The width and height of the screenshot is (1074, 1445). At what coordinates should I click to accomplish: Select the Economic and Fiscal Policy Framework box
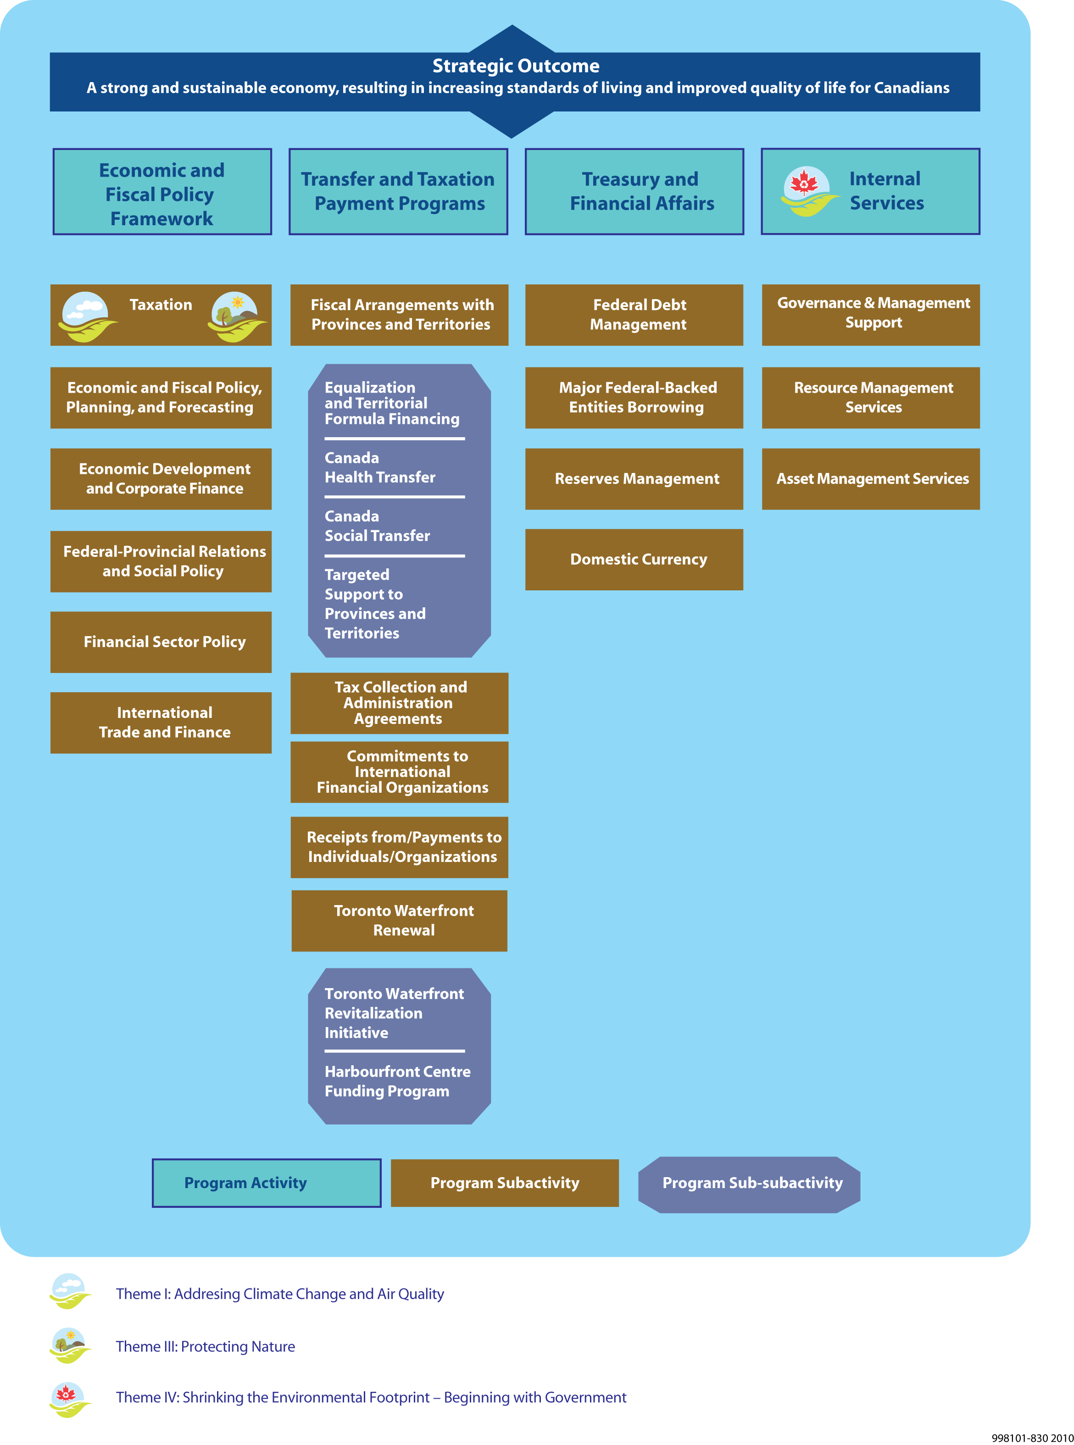[162, 193]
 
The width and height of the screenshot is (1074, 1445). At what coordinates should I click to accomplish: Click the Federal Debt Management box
[634, 315]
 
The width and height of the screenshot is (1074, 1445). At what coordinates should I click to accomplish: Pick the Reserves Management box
[634, 479]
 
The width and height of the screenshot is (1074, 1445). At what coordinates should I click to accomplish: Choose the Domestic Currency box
[634, 560]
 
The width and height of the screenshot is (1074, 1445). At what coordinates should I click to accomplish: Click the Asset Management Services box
[870, 479]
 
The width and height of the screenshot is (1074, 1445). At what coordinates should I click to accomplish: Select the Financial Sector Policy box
[161, 642]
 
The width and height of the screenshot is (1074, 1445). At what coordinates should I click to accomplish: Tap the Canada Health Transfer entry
[380, 468]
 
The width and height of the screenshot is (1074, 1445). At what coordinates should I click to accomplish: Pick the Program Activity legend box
[267, 1183]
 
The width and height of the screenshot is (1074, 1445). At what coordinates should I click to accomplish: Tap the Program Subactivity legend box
[505, 1183]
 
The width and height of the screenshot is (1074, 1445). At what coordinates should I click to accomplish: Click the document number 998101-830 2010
[1032, 1438]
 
